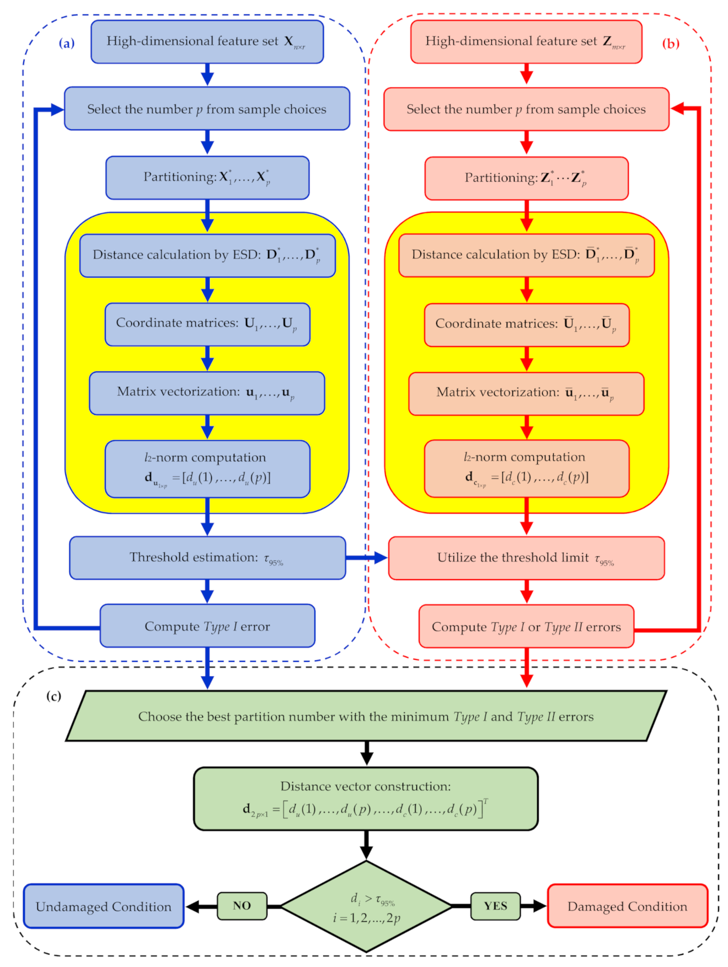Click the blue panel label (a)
click(67, 43)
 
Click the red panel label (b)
click(670, 44)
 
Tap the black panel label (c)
click(53, 696)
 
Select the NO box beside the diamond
click(242, 906)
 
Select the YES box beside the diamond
click(495, 906)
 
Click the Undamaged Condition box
click(103, 906)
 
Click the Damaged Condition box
click(627, 906)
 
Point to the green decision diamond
click(366, 906)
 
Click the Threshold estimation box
click(207, 558)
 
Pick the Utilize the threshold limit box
click(526, 558)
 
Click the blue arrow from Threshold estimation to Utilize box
click(367, 558)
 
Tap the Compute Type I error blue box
click(207, 626)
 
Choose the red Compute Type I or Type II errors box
click(526, 627)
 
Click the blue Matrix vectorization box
click(207, 393)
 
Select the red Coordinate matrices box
click(526, 324)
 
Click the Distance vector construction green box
click(366, 798)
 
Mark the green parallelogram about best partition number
click(366, 716)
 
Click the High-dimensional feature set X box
click(207, 41)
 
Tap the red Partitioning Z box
click(526, 178)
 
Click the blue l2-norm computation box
click(207, 468)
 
